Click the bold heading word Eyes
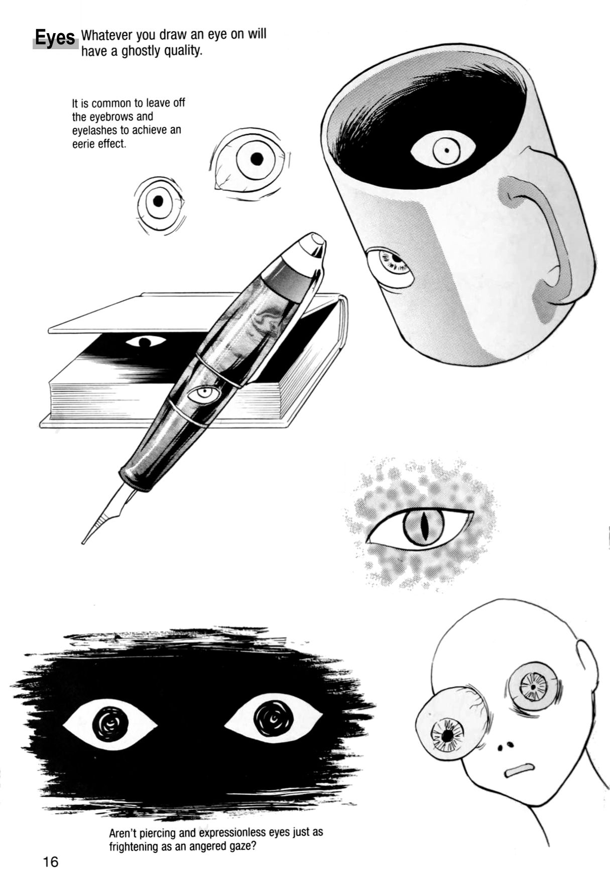pyautogui.click(x=55, y=38)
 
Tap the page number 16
pyautogui.click(x=51, y=861)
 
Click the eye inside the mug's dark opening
pyautogui.click(x=443, y=149)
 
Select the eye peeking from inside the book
pyautogui.click(x=145, y=342)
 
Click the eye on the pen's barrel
pyautogui.click(x=204, y=394)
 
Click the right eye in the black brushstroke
pyautogui.click(x=273, y=718)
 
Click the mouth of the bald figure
pyautogui.click(x=519, y=770)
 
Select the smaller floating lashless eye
pyautogui.click(x=159, y=202)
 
